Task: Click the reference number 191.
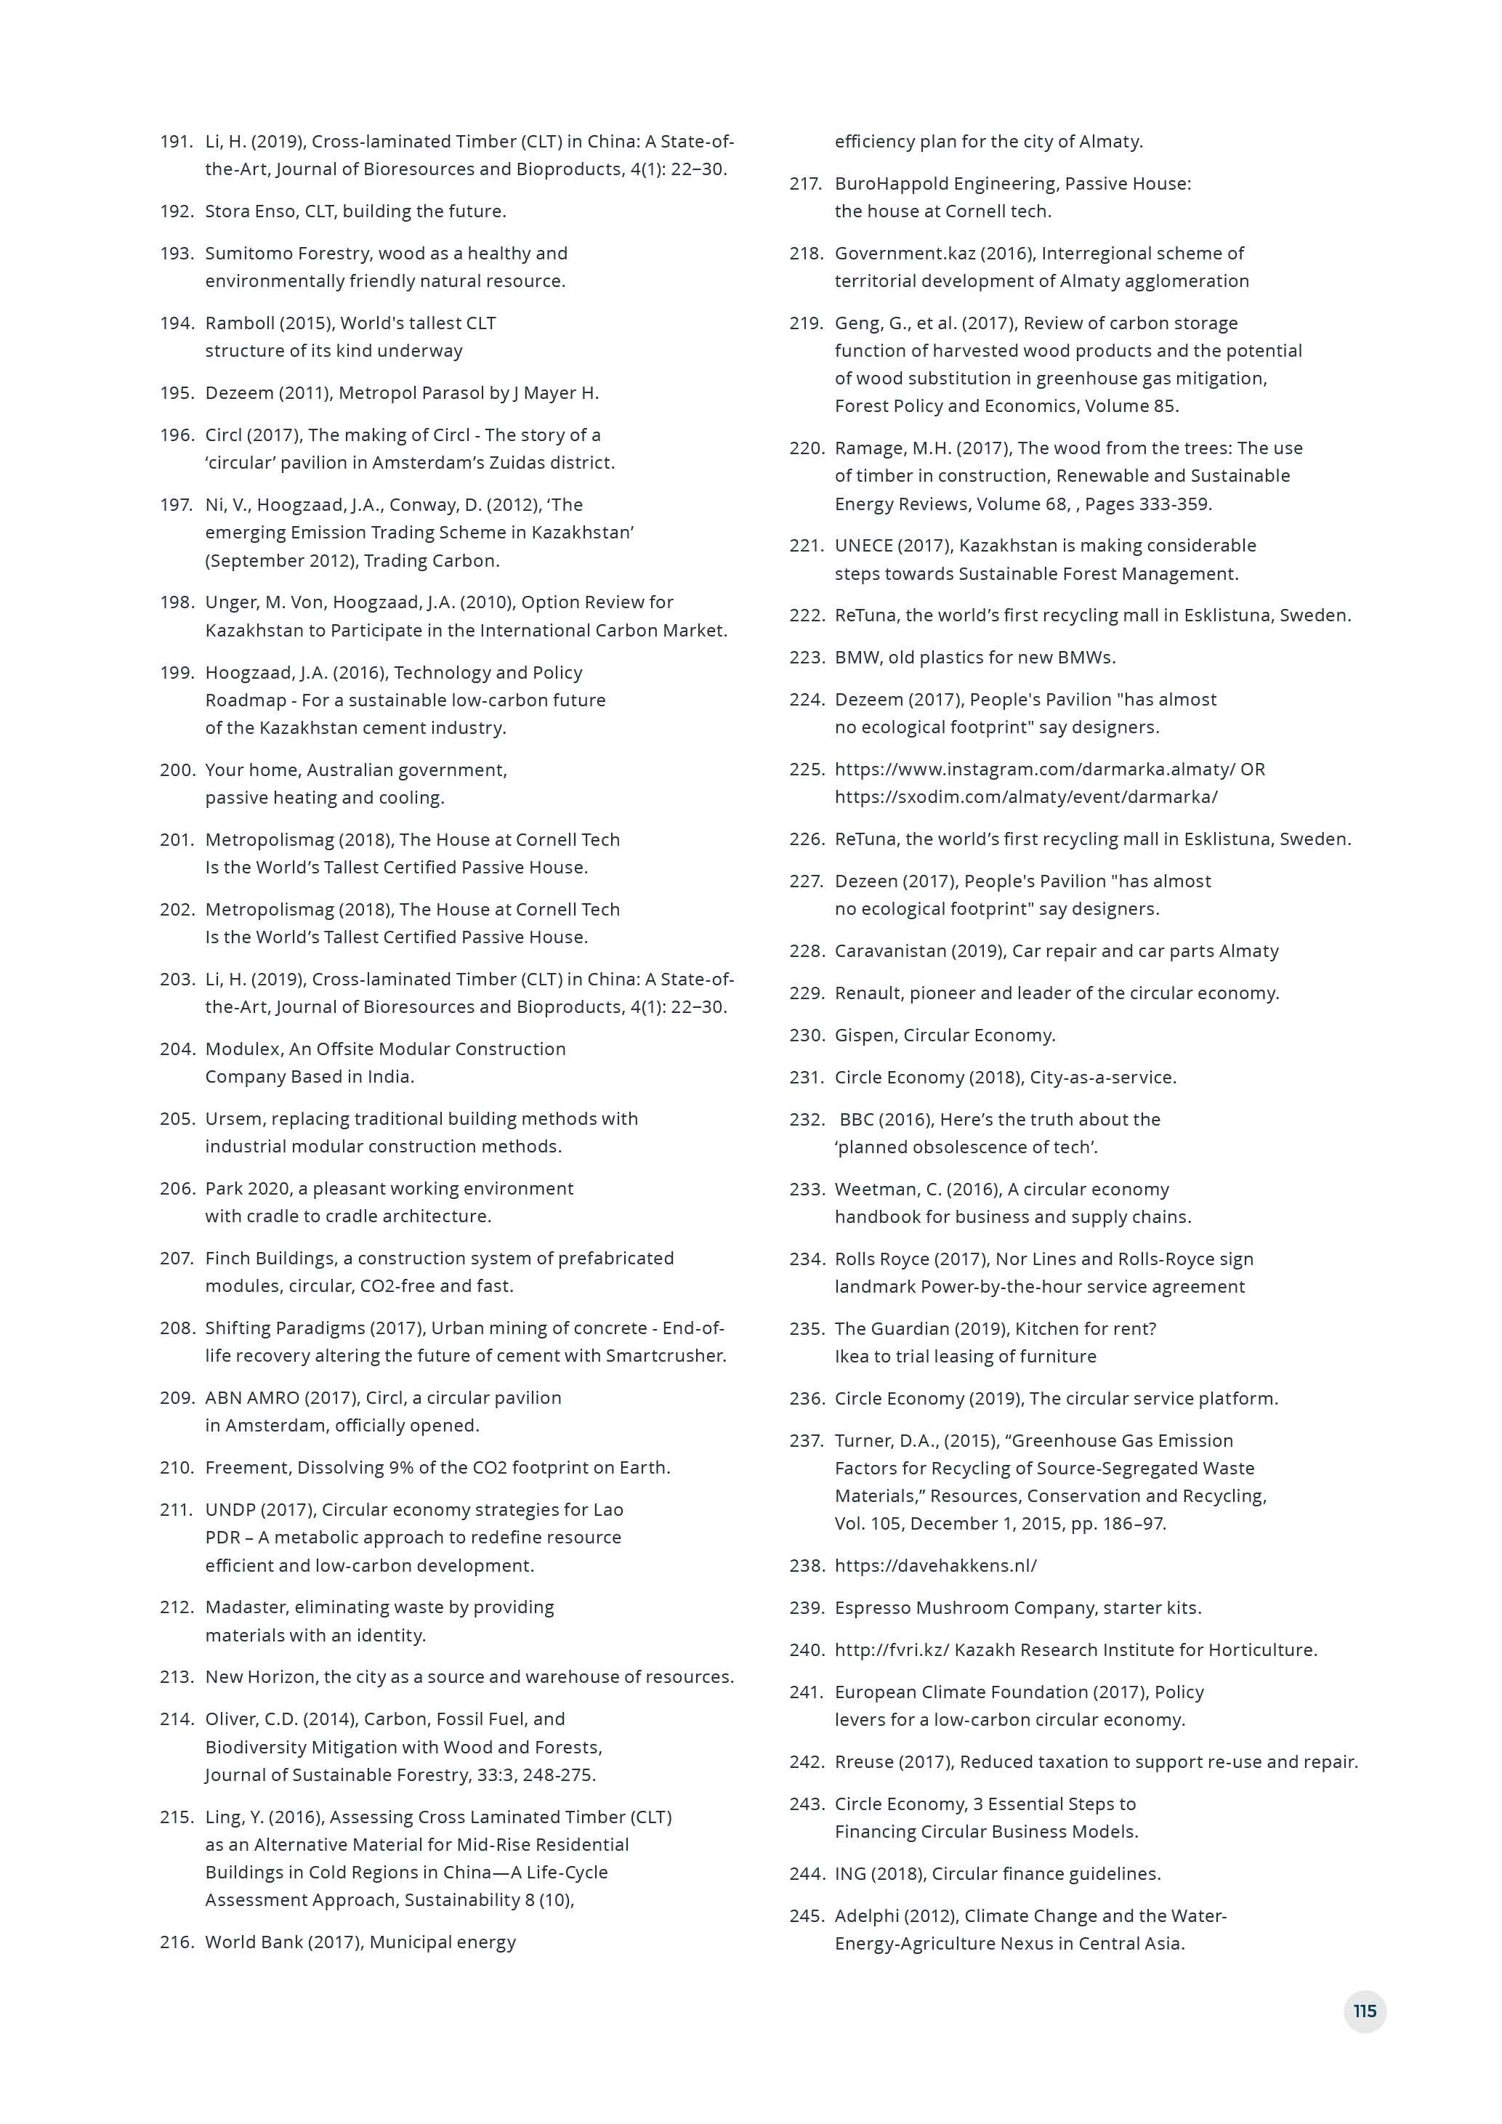pyautogui.click(x=176, y=142)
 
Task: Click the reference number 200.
pyautogui.click(x=176, y=770)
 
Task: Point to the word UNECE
pyautogui.click(x=864, y=545)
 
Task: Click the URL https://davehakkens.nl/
pyautogui.click(x=935, y=1565)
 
